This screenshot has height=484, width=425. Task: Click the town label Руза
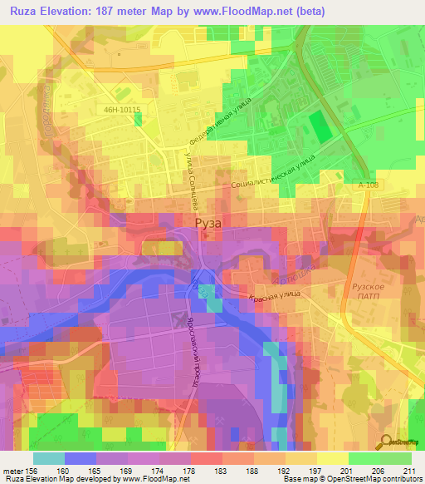coord(208,224)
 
